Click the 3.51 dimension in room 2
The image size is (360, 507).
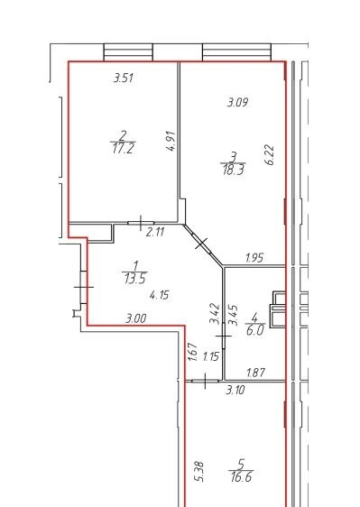coord(124,78)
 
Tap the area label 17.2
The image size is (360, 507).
coord(124,149)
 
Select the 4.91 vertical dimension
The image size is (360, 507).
coord(171,141)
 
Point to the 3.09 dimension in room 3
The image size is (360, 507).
coord(237,103)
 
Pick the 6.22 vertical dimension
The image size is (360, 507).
coord(270,155)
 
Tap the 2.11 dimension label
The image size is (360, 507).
coord(155,232)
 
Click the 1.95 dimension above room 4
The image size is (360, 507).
coord(254,258)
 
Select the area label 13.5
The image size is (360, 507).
coord(135,278)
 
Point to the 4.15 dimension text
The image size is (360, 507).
coord(160,295)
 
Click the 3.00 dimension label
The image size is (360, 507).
coord(136,318)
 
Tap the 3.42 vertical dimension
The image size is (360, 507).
coord(215,314)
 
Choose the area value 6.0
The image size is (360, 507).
coord(255,330)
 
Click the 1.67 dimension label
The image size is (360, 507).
coord(192,352)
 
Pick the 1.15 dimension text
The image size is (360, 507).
coord(211,356)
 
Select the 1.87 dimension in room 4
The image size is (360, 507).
coord(256,373)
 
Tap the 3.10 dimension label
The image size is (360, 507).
coord(235,390)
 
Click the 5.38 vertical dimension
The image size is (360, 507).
coord(200,472)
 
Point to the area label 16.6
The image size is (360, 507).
coord(241,476)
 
